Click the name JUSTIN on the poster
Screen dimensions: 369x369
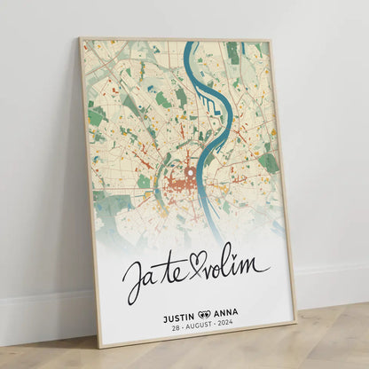178,314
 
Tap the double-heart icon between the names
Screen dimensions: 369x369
204,313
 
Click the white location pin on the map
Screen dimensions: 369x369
188,172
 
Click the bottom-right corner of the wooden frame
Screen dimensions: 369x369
295,325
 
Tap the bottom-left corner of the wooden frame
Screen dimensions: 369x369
100,348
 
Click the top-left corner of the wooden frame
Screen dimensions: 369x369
80,37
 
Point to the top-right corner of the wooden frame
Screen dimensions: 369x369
270,40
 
